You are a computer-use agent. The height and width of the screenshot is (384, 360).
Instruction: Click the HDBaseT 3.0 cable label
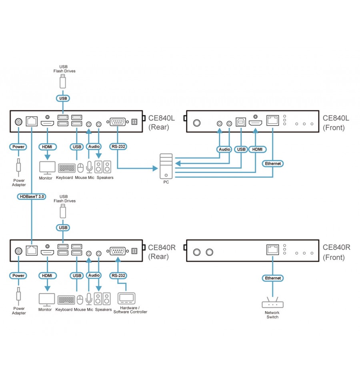click(32, 197)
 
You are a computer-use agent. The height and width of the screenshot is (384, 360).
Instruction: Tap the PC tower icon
click(166, 166)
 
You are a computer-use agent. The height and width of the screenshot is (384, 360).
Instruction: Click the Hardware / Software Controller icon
click(126, 298)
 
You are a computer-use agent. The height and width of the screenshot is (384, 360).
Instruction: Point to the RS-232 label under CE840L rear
click(118, 147)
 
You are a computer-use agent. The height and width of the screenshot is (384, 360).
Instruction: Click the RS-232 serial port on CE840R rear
click(118, 251)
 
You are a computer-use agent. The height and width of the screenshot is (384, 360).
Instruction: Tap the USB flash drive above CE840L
click(63, 81)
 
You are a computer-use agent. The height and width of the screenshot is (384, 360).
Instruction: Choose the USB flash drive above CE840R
click(63, 211)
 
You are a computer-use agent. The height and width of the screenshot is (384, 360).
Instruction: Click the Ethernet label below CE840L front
click(273, 164)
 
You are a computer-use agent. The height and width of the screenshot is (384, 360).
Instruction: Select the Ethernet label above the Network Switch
click(273, 278)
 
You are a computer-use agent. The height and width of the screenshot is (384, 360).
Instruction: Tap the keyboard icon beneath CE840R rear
click(66, 300)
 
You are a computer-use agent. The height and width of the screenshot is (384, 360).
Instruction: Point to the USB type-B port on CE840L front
click(241, 121)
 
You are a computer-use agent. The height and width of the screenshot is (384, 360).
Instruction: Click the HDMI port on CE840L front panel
click(255, 123)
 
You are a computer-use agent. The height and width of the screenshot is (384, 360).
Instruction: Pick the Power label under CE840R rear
click(18, 275)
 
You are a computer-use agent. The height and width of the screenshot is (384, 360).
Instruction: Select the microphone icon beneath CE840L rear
click(90, 167)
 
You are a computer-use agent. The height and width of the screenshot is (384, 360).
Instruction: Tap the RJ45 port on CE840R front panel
click(273, 250)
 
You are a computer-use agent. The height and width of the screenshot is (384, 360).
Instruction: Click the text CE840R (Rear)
click(162, 252)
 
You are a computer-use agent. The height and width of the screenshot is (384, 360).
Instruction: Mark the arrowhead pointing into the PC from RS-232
click(155, 168)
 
